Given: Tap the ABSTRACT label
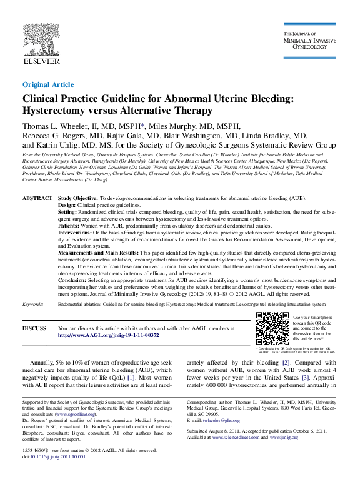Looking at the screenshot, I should [x=37, y=198].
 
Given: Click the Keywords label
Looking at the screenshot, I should [x=33, y=304].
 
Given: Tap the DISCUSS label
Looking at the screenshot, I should [x=34, y=328].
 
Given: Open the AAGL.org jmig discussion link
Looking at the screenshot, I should [x=108, y=335].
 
